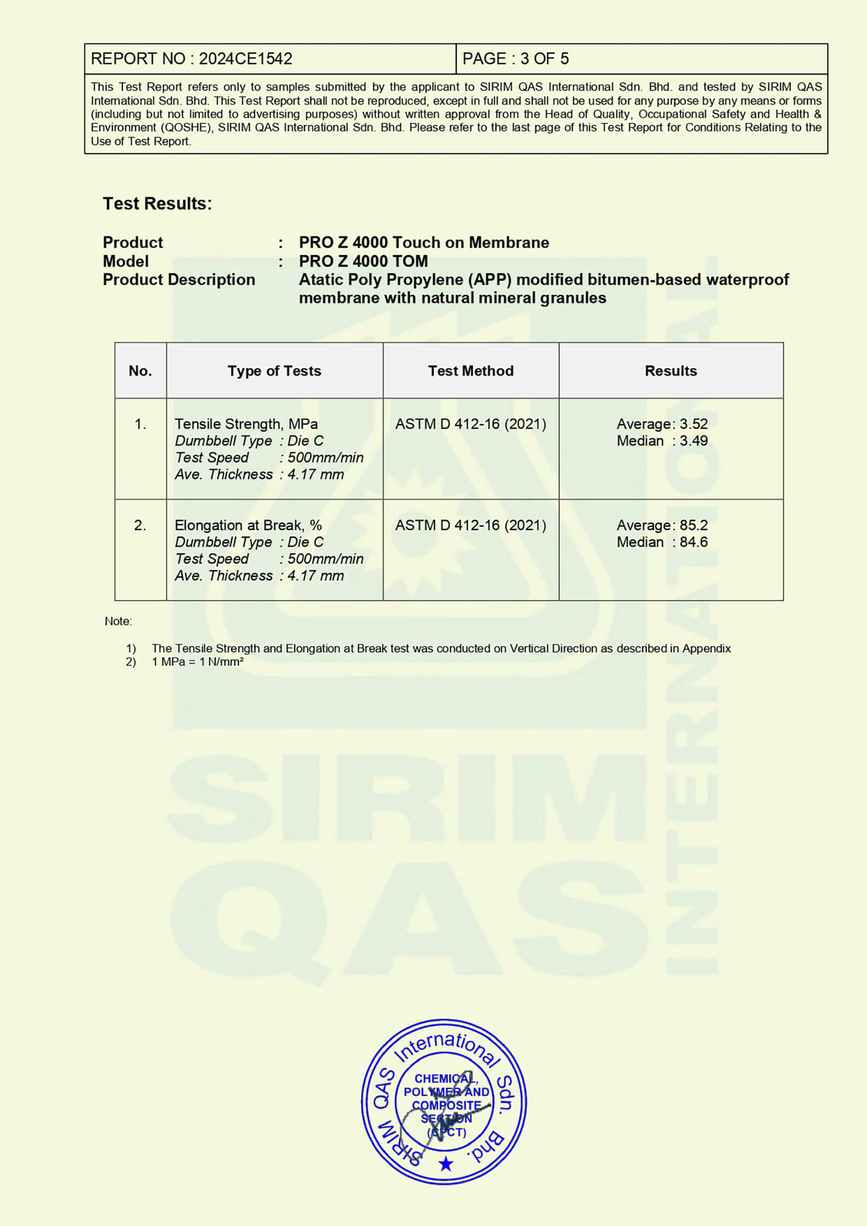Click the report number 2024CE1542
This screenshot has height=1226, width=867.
click(245, 59)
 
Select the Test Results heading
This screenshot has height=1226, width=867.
click(157, 204)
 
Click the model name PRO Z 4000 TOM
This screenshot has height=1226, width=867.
click(363, 261)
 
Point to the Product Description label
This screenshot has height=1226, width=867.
click(179, 280)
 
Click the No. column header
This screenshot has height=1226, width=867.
click(140, 371)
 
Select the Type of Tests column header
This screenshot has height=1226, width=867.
click(274, 371)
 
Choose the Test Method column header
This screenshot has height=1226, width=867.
click(470, 371)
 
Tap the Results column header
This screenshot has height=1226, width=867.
click(670, 371)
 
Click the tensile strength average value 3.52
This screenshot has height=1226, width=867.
click(694, 424)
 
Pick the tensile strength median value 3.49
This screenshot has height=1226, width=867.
click(694, 440)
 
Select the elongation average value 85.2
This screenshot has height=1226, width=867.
click(694, 525)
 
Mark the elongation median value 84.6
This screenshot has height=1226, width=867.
click(694, 542)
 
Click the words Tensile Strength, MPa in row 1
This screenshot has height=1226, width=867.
click(246, 424)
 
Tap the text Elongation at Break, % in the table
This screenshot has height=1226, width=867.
click(248, 525)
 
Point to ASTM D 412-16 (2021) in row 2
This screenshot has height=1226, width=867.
click(470, 525)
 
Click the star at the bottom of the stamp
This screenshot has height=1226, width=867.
click(445, 1163)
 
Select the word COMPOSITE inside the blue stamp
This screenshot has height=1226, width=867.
click(447, 1105)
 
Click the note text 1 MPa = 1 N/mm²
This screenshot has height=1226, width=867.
click(197, 661)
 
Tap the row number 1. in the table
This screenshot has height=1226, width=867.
click(140, 424)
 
